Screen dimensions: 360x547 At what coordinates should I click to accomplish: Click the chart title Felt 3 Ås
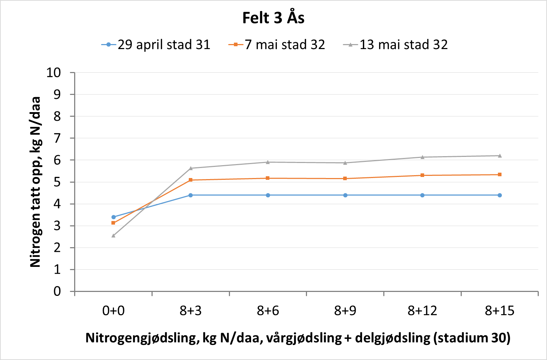point(273,18)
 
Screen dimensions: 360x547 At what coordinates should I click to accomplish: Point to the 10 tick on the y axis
point(54,73)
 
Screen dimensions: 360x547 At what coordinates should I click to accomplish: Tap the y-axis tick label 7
point(57,138)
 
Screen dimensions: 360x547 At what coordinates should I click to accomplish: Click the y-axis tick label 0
point(57,292)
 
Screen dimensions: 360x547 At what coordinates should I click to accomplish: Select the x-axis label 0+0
point(113,311)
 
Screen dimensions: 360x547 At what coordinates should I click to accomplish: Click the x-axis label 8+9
point(345,311)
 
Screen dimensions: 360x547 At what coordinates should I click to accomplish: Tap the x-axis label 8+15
point(499,311)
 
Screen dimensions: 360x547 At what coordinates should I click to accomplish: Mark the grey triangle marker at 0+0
point(114,235)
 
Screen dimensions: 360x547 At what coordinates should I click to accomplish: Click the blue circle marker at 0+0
point(114,217)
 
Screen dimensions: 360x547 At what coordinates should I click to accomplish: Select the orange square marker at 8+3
point(191,180)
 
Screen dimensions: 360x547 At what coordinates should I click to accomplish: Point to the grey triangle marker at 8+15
point(500,155)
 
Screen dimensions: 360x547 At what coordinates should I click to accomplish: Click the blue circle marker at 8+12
point(422,195)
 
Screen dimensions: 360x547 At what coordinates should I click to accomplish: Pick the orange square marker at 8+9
point(345,178)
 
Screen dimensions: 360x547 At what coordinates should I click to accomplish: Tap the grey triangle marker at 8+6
point(268,162)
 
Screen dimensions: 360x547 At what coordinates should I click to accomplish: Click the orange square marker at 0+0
point(114,223)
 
